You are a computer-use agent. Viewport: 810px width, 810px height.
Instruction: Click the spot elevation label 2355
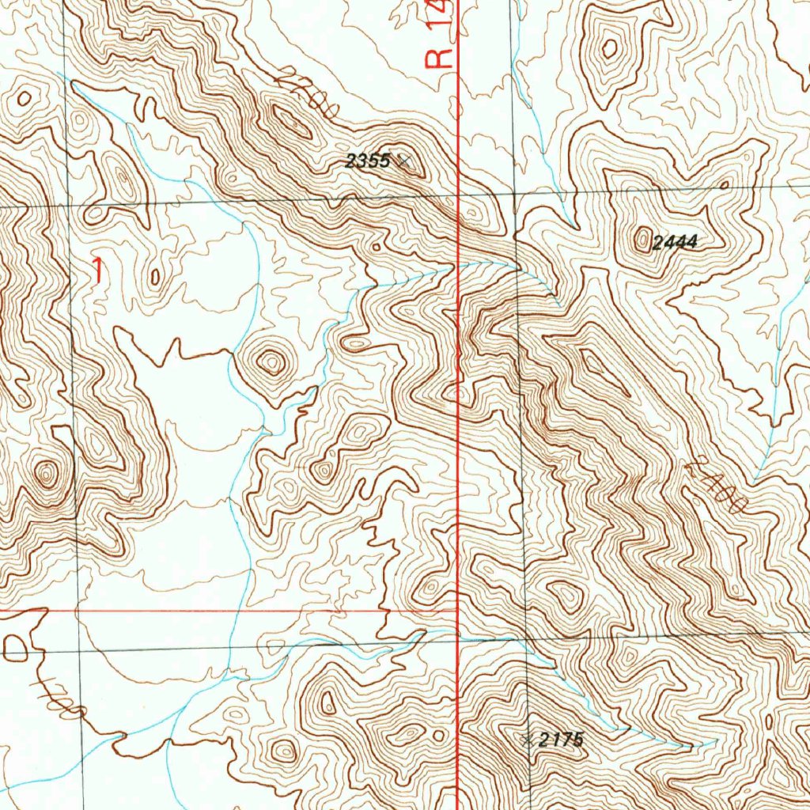tap(368, 161)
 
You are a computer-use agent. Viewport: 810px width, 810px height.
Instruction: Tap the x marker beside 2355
tap(404, 161)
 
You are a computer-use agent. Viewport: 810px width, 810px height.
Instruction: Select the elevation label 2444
tap(675, 243)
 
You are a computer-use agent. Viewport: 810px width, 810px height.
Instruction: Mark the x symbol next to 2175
tap(528, 740)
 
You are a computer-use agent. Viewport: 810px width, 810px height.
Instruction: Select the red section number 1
tap(97, 271)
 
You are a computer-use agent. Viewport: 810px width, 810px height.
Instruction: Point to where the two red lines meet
tap(458, 611)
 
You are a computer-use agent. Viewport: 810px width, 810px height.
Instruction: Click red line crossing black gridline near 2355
tap(459, 193)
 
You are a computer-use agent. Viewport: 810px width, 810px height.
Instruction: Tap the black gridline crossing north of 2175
tap(524, 637)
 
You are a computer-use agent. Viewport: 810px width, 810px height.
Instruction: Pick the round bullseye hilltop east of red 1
tap(271, 362)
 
